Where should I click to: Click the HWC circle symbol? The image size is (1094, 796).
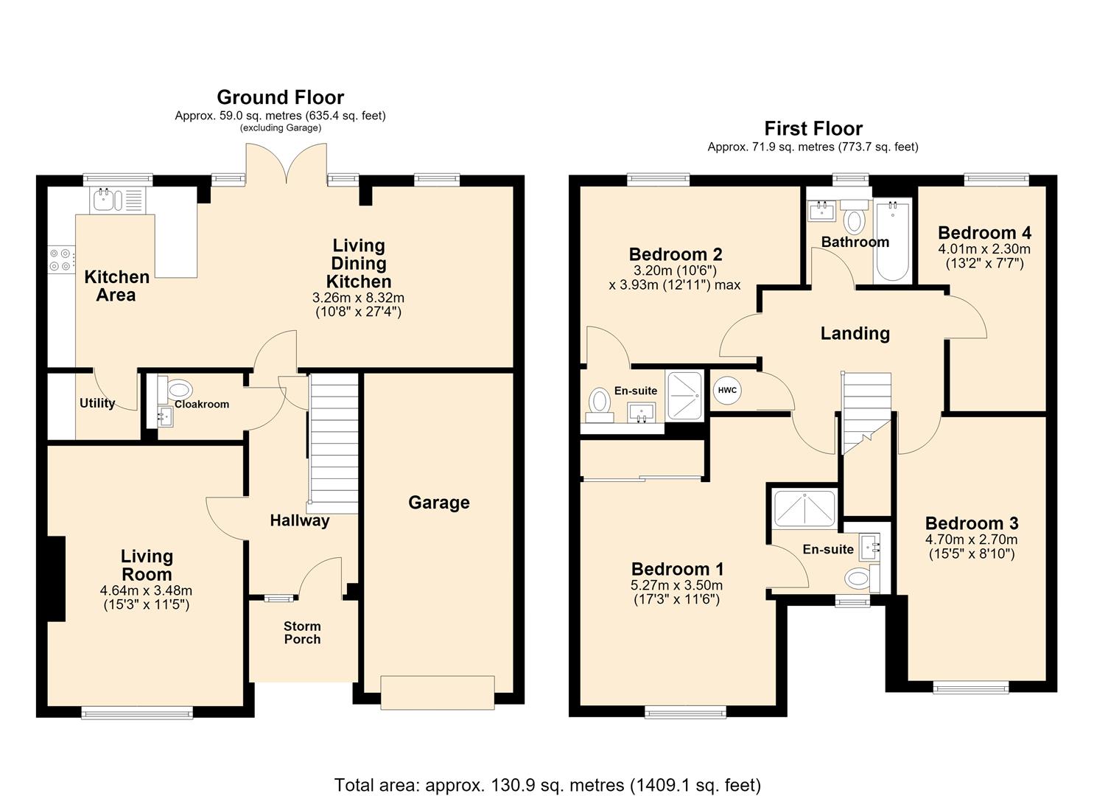[727, 391]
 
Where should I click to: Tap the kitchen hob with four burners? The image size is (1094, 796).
[62, 259]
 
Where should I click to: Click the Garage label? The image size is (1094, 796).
[438, 502]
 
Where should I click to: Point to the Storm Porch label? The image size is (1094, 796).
[302, 632]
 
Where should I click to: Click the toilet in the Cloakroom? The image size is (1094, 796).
[175, 389]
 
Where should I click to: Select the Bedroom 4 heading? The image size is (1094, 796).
[984, 232]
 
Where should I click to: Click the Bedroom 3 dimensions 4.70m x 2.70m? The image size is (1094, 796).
[971, 540]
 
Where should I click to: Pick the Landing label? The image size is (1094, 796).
[855, 333]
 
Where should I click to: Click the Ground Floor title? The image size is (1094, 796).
[281, 97]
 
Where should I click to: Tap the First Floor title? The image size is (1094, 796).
[813, 128]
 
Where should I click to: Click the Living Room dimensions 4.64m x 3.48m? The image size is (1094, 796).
[146, 590]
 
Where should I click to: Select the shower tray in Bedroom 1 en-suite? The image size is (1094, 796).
[804, 509]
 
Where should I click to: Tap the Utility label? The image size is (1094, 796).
[97, 402]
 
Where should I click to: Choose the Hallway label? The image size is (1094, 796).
[299, 520]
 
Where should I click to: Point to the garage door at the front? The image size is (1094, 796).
[438, 692]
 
